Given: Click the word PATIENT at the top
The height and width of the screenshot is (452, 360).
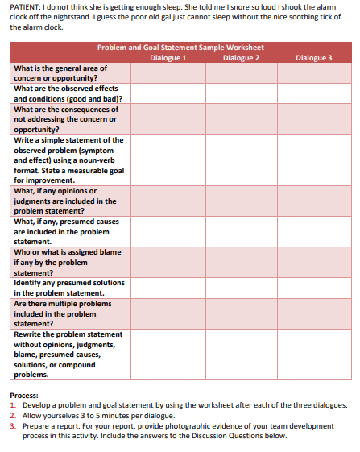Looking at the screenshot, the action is point(24,6).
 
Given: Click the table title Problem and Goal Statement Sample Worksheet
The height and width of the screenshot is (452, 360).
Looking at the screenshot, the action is point(180,48).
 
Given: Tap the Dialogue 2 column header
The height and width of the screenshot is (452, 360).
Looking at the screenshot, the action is point(241,57).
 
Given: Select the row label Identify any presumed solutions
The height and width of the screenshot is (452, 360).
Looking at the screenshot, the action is point(69,288).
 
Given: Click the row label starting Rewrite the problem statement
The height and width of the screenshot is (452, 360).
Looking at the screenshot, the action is point(69,355).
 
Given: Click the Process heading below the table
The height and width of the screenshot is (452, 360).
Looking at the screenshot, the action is point(27,396).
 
